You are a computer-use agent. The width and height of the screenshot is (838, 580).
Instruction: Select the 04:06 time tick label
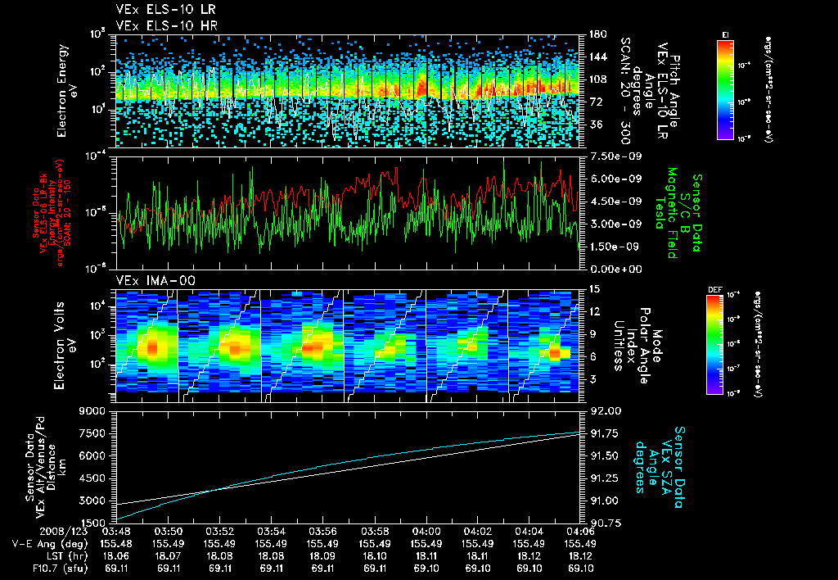click(580, 531)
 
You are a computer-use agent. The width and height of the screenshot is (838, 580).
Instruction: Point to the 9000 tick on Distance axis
click(95, 411)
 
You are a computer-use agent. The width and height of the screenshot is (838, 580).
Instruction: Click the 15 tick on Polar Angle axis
click(594, 289)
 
